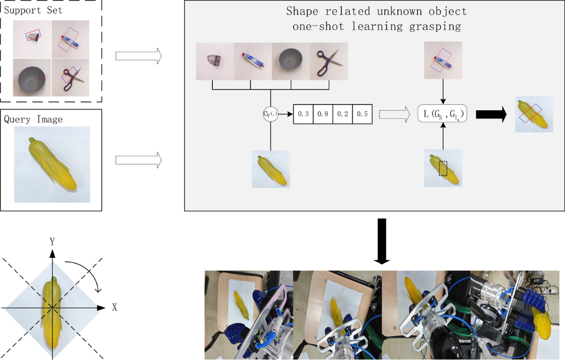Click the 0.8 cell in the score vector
point(323,114)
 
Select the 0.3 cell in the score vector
point(304,114)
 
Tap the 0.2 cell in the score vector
point(342,114)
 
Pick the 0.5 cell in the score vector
point(362,114)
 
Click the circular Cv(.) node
point(270,114)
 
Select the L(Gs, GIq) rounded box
point(442,114)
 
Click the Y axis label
point(53,242)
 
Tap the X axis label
point(114,307)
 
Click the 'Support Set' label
point(33,9)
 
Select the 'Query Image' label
point(33,120)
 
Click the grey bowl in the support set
point(31,78)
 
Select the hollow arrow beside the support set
point(138,57)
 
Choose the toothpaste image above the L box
point(443,60)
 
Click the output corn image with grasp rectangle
point(533,115)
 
